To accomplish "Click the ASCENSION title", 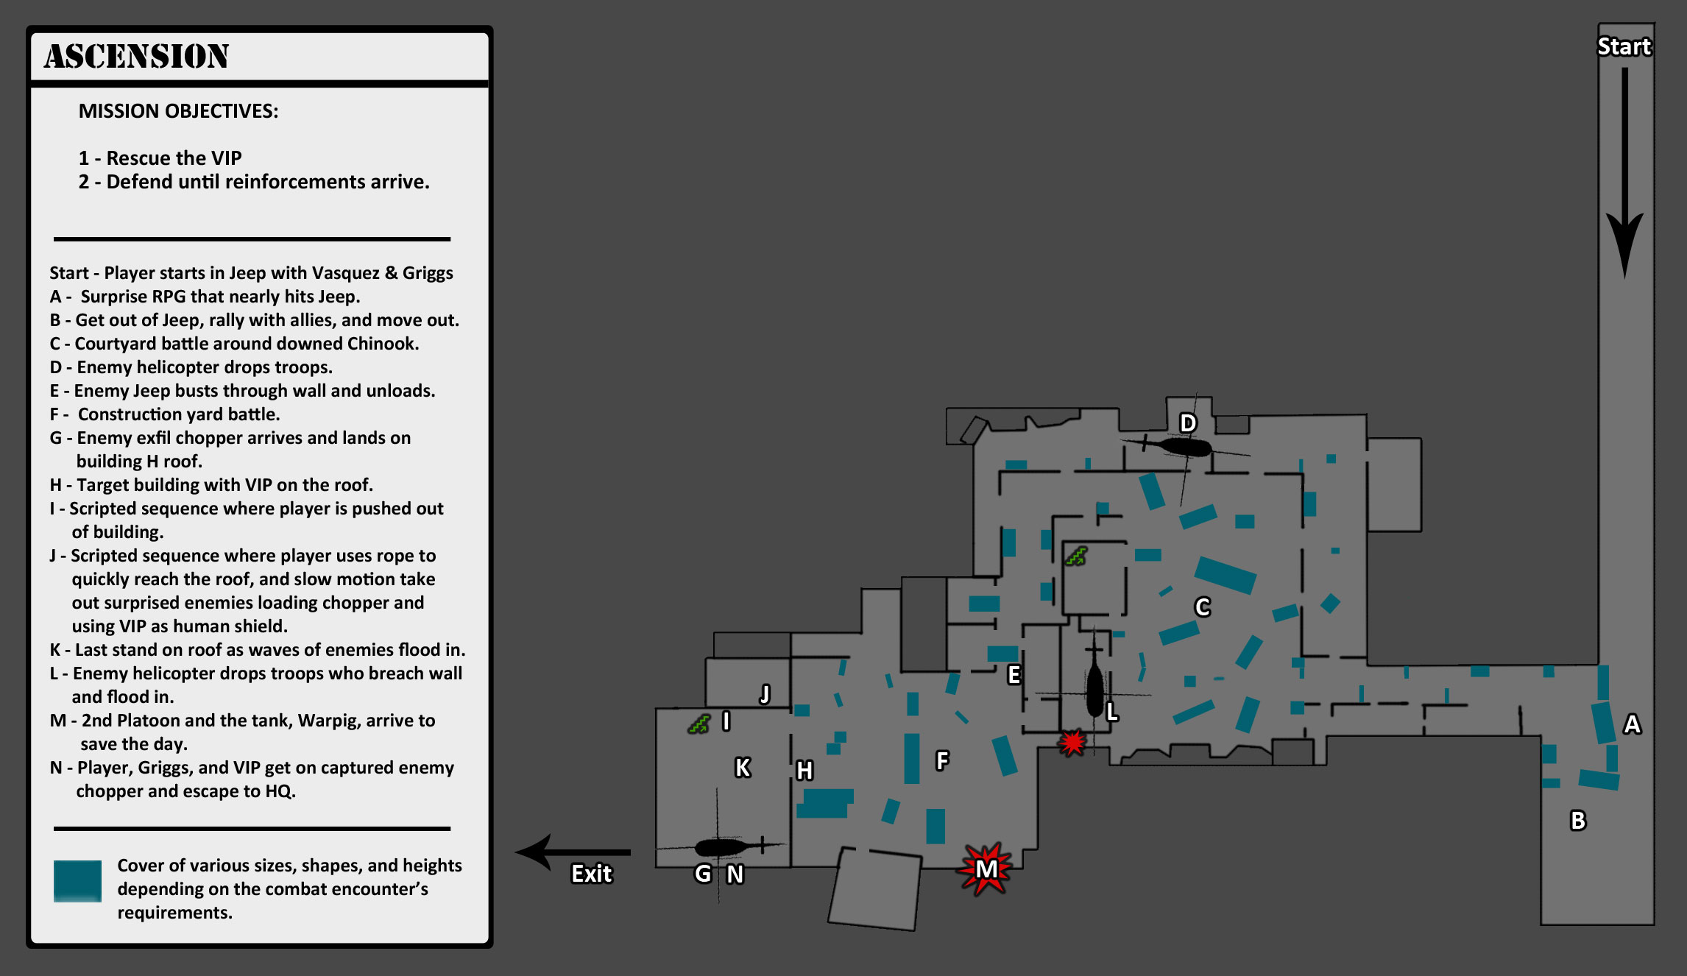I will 136,57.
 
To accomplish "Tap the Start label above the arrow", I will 1624,46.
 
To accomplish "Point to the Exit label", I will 591,874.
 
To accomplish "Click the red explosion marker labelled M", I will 986,869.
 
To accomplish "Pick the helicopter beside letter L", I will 1095,690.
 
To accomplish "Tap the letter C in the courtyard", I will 1202,607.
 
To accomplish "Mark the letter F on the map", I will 942,760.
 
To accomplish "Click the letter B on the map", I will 1577,820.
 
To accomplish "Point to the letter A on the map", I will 1632,724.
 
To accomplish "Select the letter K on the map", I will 743,768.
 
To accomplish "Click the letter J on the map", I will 765,693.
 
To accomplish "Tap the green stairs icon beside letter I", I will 699,724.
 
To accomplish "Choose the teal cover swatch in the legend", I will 77,880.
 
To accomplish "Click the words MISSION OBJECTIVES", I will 178,111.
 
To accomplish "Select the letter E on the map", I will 1014,674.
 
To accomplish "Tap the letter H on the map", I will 804,771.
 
